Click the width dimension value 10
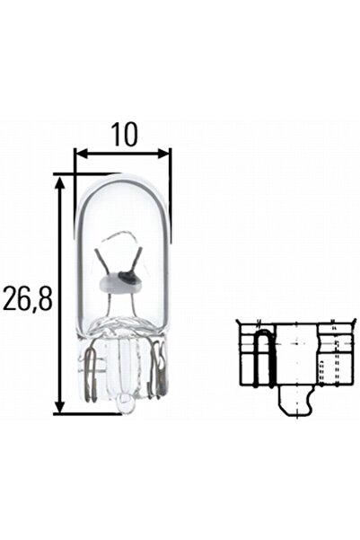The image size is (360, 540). point(124,134)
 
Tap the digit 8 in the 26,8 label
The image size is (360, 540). point(45,297)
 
